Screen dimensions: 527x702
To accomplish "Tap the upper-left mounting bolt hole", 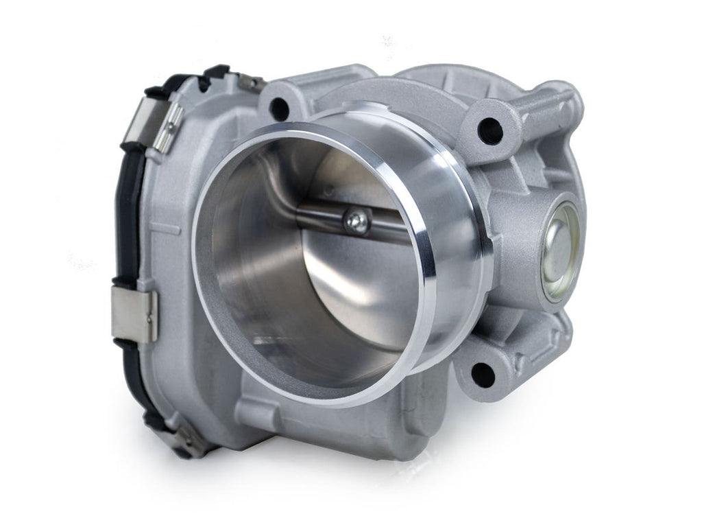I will pyautogui.click(x=278, y=106).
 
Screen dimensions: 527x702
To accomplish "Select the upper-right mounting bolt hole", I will pyautogui.click(x=490, y=129).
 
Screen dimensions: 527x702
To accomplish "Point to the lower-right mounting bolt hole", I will pyautogui.click(x=482, y=375).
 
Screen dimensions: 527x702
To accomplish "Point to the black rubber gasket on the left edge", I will pyautogui.click(x=130, y=226).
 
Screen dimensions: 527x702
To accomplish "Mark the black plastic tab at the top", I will pyautogui.click(x=216, y=71).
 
